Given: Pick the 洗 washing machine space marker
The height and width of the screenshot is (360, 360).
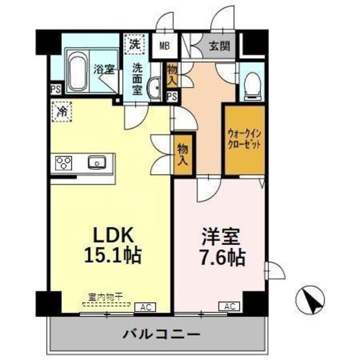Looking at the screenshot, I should pyautogui.click(x=136, y=44).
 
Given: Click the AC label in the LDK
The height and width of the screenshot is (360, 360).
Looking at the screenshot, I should pyautogui.click(x=145, y=307).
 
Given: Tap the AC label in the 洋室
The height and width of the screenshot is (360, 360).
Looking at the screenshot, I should pyautogui.click(x=229, y=307).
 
